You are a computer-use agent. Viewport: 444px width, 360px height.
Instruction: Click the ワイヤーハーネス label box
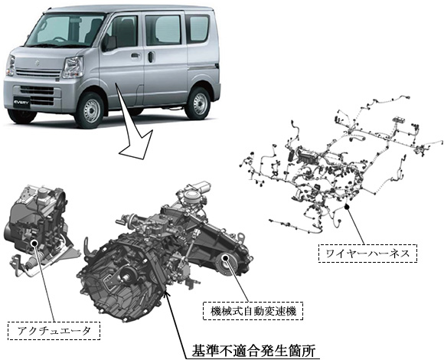(x=367, y=253)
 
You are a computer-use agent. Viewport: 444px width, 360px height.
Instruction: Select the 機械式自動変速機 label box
(x=253, y=311)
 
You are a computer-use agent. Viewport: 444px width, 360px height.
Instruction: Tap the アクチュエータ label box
(x=54, y=331)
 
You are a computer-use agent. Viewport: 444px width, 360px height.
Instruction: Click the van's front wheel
(x=91, y=110)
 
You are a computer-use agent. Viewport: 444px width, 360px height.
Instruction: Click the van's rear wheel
(x=199, y=103)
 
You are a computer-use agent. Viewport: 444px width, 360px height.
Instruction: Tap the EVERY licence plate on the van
(x=21, y=102)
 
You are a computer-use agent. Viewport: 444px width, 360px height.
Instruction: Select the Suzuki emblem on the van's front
(x=37, y=63)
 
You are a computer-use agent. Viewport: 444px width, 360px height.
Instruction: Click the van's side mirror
(x=109, y=44)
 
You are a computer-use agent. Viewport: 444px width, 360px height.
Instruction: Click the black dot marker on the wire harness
(x=347, y=207)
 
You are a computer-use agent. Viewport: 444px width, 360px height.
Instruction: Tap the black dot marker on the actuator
(x=35, y=243)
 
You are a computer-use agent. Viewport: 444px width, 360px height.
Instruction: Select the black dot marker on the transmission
(x=225, y=258)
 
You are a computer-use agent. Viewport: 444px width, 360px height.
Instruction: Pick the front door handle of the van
(x=135, y=55)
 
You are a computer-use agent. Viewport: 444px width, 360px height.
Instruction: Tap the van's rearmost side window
(x=198, y=28)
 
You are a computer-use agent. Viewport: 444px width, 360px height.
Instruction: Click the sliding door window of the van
(x=164, y=30)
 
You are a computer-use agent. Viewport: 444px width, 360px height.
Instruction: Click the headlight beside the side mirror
(x=73, y=67)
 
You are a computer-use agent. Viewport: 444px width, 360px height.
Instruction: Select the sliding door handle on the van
(x=152, y=57)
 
